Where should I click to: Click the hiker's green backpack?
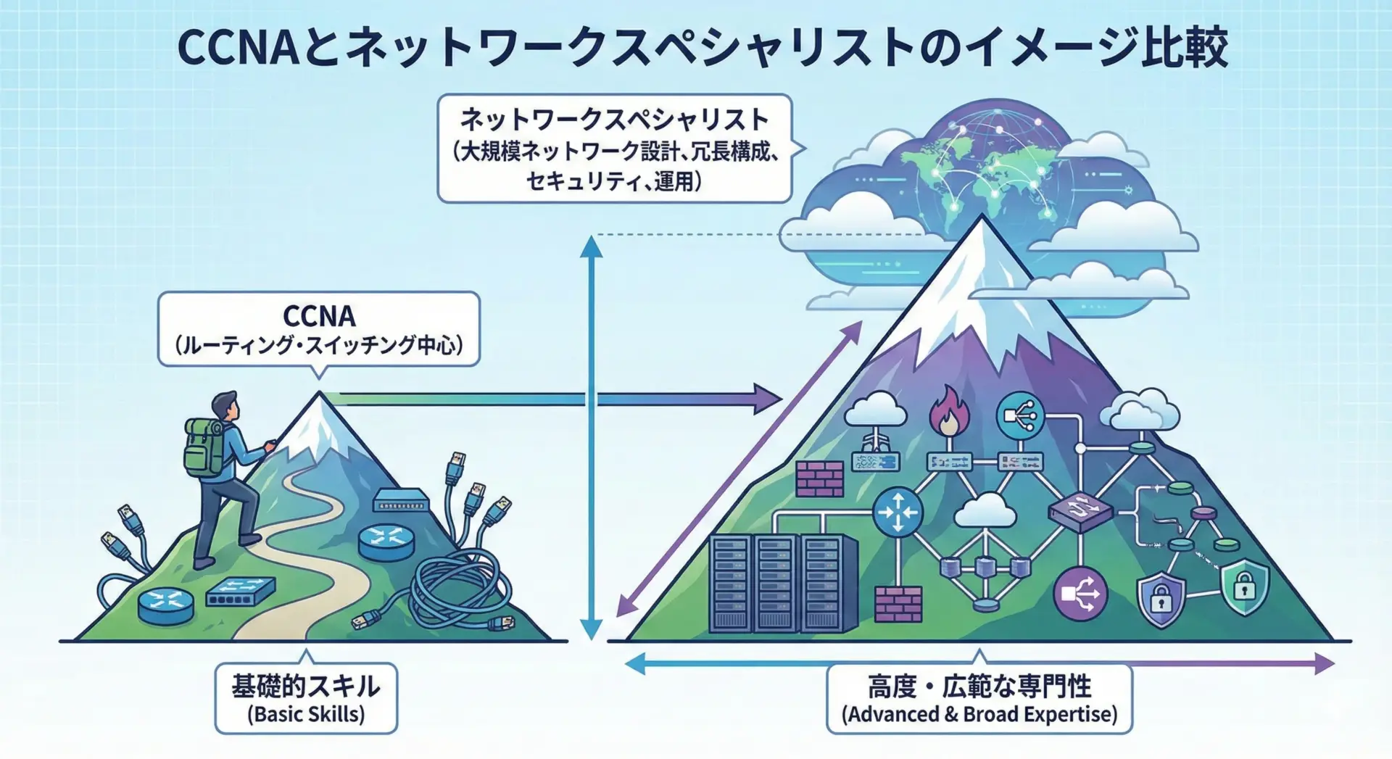click(x=203, y=447)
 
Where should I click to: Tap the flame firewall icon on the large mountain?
click(x=949, y=412)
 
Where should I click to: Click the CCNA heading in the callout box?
click(x=319, y=316)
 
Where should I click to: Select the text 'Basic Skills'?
click(x=306, y=715)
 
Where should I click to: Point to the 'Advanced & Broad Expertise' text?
click(x=979, y=715)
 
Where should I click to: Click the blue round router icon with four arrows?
click(x=898, y=512)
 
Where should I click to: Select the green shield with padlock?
click(x=1244, y=587)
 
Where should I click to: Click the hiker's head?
click(x=225, y=406)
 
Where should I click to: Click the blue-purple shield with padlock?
click(x=1161, y=600)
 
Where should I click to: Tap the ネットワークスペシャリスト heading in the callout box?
click(x=614, y=120)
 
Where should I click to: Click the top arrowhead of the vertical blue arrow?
click(x=592, y=246)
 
